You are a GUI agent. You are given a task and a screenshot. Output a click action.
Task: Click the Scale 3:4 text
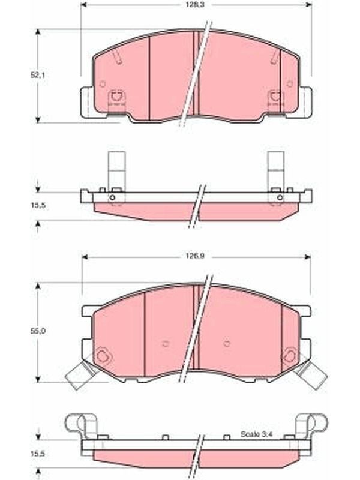256,434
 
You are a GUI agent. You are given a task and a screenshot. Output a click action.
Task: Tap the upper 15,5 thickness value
38,205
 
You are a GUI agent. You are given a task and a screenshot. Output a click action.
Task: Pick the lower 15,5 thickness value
38,454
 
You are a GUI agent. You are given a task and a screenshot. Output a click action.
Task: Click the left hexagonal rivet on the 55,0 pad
102,356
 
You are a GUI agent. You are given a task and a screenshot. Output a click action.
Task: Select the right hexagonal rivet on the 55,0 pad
289,356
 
